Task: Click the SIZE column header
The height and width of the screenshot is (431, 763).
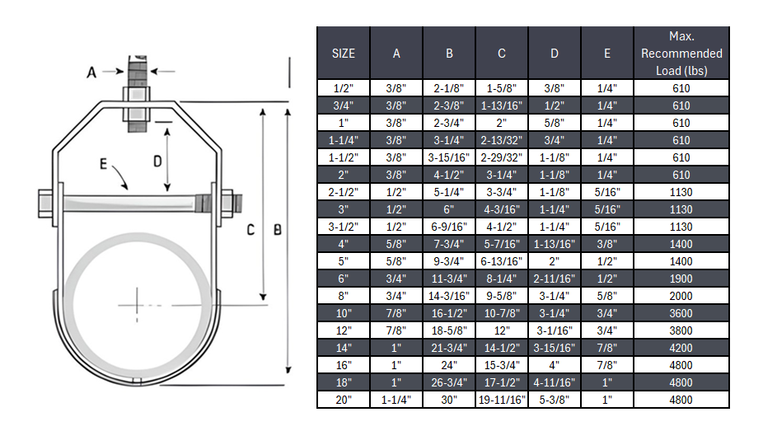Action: click(343, 54)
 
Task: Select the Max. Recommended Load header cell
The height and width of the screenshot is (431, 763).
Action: click(681, 54)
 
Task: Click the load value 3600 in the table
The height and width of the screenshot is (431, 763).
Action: click(681, 313)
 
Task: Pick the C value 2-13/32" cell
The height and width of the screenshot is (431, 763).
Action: click(501, 140)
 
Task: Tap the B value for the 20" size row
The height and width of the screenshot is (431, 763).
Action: click(448, 400)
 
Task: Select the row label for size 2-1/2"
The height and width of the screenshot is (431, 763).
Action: click(343, 192)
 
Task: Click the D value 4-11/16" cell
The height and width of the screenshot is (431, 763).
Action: click(554, 382)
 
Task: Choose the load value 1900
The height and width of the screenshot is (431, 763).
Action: click(681, 279)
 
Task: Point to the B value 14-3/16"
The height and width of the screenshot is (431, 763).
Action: click(448, 296)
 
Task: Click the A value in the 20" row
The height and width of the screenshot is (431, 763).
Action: click(396, 400)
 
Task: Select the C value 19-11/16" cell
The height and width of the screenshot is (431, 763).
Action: click(501, 400)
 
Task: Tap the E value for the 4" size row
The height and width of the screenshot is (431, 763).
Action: click(606, 244)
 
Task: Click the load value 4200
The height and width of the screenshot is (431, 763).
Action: click(681, 348)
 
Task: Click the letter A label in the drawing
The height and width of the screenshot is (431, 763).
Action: click(92, 73)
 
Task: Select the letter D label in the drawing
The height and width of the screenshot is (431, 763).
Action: click(157, 162)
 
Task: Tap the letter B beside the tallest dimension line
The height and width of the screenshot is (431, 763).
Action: click(278, 230)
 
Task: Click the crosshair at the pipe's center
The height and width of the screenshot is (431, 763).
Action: click(134, 305)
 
